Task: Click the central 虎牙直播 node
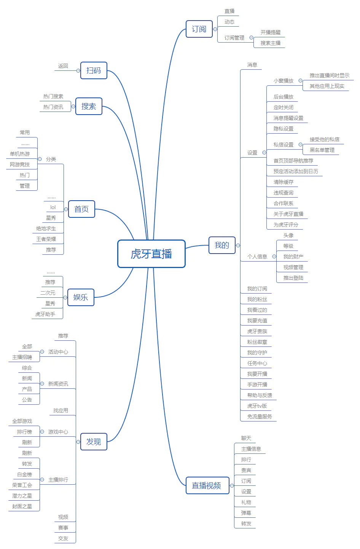click(151, 254)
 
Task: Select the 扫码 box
click(94, 70)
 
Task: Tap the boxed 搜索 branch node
click(89, 106)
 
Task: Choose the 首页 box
click(81, 209)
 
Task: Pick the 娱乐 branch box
click(81, 297)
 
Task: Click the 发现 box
click(94, 442)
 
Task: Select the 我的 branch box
click(222, 245)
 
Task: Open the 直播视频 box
click(207, 485)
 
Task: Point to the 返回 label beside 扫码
click(63, 66)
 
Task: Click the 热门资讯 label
click(53, 107)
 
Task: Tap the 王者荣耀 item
click(46, 239)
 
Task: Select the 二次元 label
click(48, 293)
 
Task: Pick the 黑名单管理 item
click(322, 150)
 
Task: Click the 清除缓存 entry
click(284, 182)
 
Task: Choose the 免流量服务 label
click(260, 417)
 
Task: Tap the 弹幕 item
click(246, 513)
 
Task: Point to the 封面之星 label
click(22, 506)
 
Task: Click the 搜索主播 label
click(271, 43)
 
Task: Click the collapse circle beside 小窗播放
click(300, 81)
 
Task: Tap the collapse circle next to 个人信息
click(274, 257)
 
